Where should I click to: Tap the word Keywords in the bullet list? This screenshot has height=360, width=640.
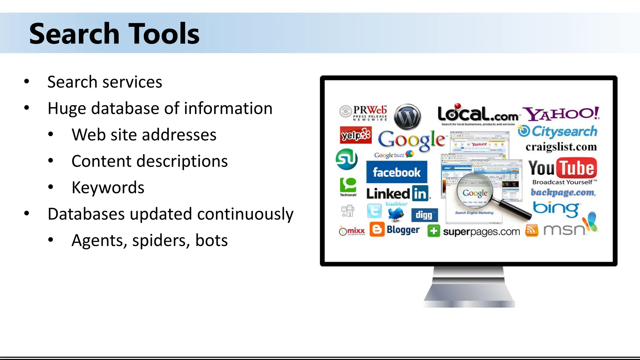pos(108,187)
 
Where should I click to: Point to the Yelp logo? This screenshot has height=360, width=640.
pos(356,135)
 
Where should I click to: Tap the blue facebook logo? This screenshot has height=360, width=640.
pos(397,172)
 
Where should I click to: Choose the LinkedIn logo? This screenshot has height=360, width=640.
pos(397,194)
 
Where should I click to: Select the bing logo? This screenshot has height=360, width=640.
pos(556,209)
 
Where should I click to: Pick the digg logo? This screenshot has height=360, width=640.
pos(424,215)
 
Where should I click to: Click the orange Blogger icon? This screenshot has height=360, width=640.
pos(377,229)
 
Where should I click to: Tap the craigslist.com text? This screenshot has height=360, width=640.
pos(561,147)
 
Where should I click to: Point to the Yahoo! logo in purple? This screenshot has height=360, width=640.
pos(561,114)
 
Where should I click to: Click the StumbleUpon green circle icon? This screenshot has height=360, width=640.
pos(347,159)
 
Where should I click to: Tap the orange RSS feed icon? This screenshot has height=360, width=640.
pos(532,230)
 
